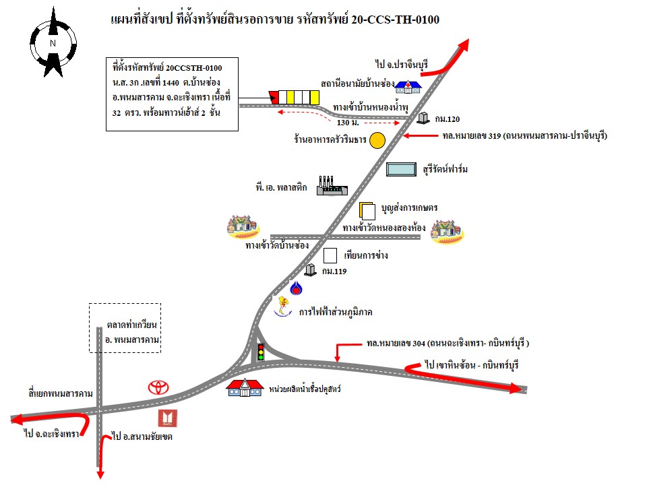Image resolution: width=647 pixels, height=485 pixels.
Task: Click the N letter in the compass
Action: pyautogui.click(x=53, y=44)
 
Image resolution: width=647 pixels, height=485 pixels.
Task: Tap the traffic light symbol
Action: pyautogui.click(x=261, y=352)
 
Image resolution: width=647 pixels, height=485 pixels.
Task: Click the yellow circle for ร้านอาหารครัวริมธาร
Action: pyautogui.click(x=377, y=140)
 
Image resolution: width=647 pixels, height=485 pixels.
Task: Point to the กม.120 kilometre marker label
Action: pyautogui.click(x=447, y=119)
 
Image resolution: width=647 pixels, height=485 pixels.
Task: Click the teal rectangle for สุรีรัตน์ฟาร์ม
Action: pyautogui.click(x=401, y=169)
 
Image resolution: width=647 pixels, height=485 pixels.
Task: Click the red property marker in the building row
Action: pyautogui.click(x=274, y=96)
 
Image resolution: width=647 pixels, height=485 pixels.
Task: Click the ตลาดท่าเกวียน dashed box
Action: pyautogui.click(x=127, y=327)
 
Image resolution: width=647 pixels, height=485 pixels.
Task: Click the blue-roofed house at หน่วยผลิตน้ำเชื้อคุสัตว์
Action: pyautogui.click(x=244, y=388)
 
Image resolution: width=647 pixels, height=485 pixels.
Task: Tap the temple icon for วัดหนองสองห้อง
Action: pyautogui.click(x=448, y=230)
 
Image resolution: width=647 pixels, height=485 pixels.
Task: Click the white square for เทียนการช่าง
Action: pyautogui.click(x=330, y=256)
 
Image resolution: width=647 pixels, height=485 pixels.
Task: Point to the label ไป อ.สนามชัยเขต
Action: pyautogui.click(x=142, y=437)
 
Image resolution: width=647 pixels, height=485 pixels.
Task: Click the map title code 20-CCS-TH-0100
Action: pyautogui.click(x=395, y=20)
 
